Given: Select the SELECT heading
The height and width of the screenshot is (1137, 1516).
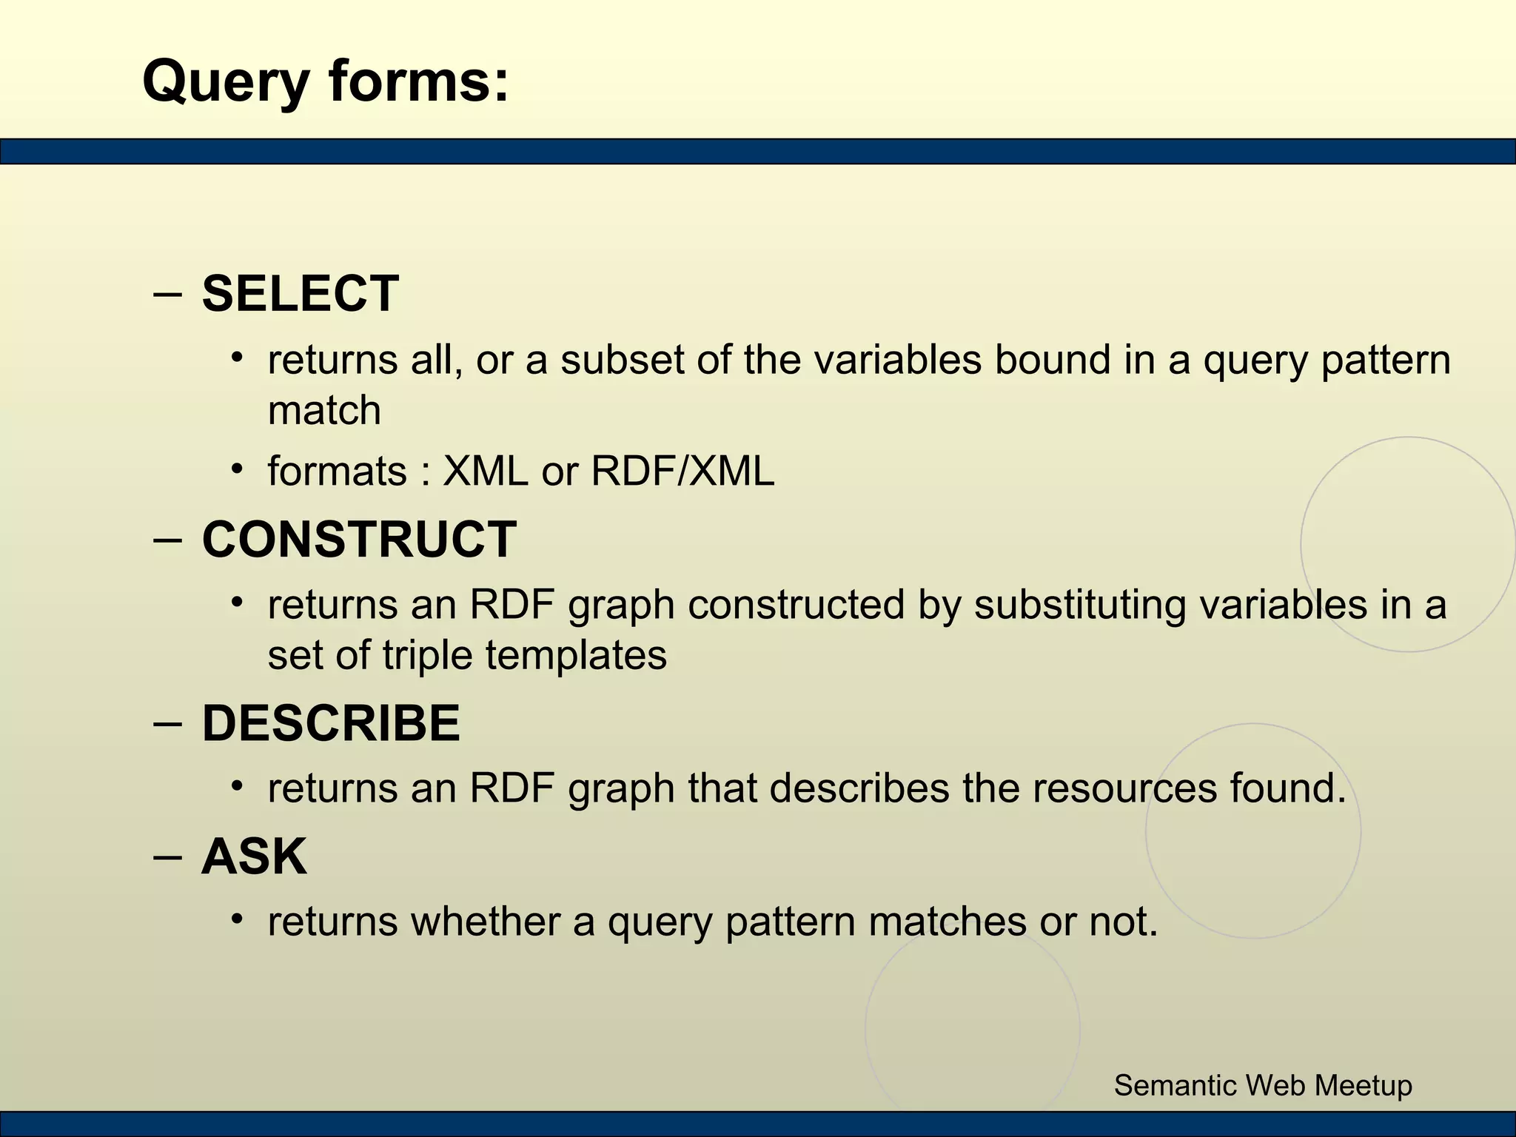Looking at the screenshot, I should (x=300, y=294).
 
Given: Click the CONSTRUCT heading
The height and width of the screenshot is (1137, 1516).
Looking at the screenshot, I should (x=359, y=540).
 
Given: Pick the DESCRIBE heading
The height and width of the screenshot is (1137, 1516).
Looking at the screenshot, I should (x=331, y=723).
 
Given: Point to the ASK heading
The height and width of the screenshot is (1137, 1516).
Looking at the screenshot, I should (x=254, y=857).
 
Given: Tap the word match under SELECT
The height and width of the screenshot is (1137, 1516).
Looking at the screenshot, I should (x=324, y=410).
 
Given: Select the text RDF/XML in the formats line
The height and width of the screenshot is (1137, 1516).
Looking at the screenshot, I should (x=682, y=471).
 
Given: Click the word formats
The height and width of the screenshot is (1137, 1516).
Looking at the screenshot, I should (x=337, y=472).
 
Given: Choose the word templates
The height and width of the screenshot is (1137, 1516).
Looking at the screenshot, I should (x=576, y=655).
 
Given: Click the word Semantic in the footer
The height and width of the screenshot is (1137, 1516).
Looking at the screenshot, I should (x=1175, y=1085).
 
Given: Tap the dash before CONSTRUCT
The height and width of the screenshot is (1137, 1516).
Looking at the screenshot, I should (x=168, y=540).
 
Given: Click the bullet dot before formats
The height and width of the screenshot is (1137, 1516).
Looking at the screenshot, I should (x=237, y=469).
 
